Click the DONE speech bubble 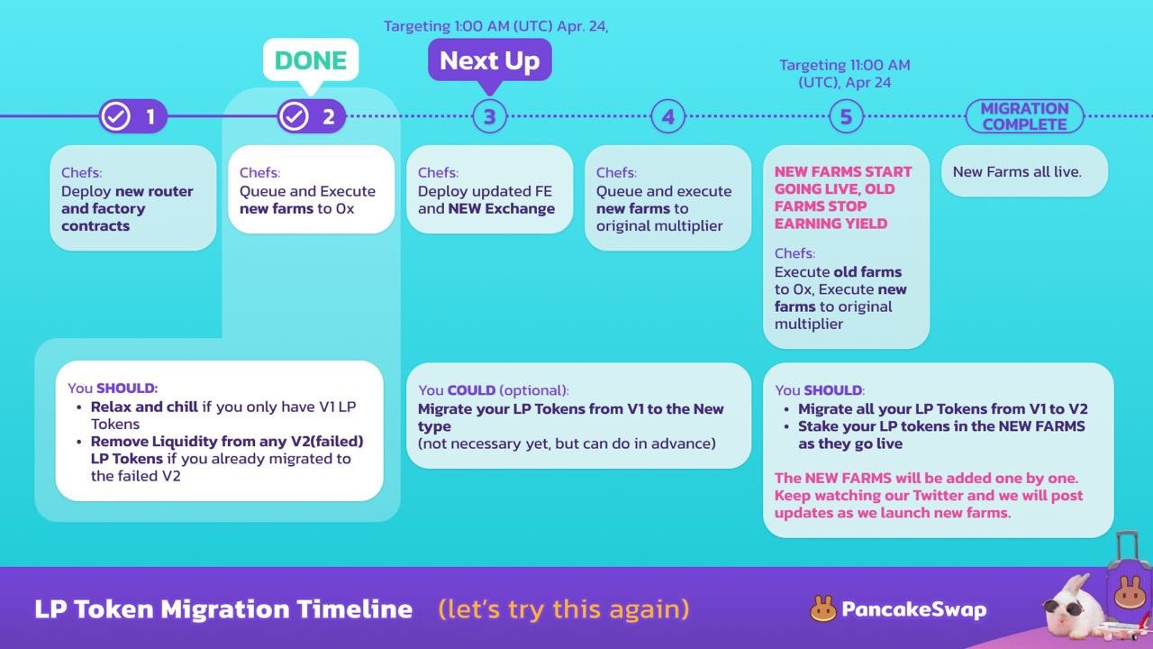click(311, 60)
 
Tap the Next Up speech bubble click(489, 60)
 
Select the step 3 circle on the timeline click(489, 116)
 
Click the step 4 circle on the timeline click(667, 116)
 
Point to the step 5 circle click(846, 116)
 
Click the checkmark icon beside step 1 click(115, 116)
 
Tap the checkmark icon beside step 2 click(294, 116)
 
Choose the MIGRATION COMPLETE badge click(1024, 116)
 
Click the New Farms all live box click(1024, 171)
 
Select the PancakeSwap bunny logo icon click(823, 609)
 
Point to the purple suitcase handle click(1127, 549)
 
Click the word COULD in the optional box click(471, 390)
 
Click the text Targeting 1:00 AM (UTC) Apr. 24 click(495, 26)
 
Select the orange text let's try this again click(564, 609)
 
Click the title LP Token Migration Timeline click(223, 609)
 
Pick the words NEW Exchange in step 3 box click(502, 208)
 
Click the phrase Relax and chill click(144, 407)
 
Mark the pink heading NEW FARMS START click(843, 171)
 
